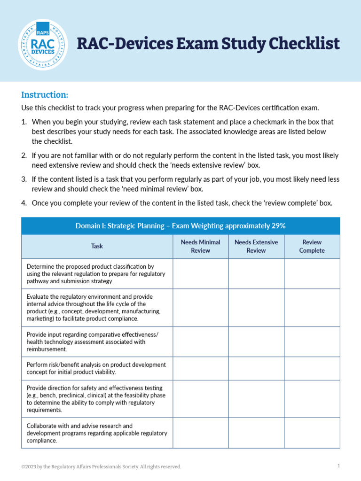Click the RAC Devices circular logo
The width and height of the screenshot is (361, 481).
pos(43,45)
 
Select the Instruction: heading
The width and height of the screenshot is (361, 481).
pos(45,94)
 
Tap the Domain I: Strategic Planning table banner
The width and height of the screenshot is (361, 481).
pos(180,226)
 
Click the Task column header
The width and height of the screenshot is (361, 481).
pos(97,246)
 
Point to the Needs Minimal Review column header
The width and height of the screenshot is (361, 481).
pos(201,246)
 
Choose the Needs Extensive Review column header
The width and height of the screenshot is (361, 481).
pos(256,246)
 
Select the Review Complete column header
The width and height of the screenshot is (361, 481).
pos(312,246)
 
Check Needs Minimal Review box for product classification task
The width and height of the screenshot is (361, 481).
pos(201,274)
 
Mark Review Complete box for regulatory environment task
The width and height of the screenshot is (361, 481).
pos(312,308)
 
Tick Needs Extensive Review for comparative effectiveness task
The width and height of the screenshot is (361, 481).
pos(256,342)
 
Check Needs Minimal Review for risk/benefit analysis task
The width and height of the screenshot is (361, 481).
pos(201,368)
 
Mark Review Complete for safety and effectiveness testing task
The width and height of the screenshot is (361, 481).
pos(312,399)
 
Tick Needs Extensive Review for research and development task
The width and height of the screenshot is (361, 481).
pos(256,433)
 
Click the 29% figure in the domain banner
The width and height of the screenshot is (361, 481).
pos(278,226)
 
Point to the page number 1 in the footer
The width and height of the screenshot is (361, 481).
pos(338,466)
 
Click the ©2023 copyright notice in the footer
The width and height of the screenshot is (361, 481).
pos(101,466)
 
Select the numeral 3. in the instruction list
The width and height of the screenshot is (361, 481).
pos(24,179)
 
